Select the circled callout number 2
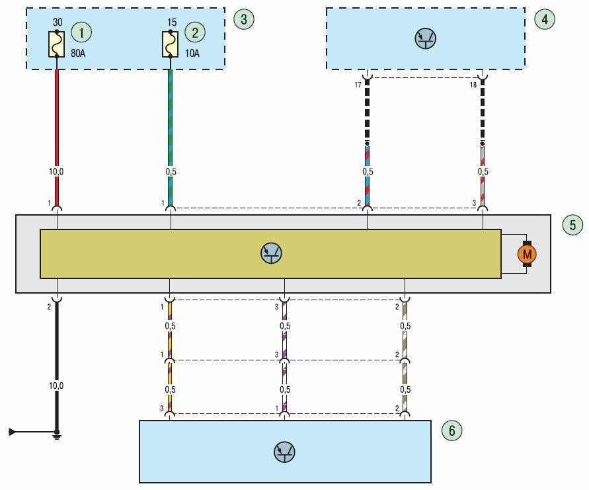coord(194,31)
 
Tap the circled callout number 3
coord(243,19)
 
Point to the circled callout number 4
coord(543,19)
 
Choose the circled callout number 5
coord(572,225)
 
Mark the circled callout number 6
coord(452,431)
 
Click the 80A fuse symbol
coord(57,44)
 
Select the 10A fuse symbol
coord(170,44)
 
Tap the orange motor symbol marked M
coord(527,253)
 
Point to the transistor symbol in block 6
coord(284,452)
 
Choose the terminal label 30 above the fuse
coord(57,22)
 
